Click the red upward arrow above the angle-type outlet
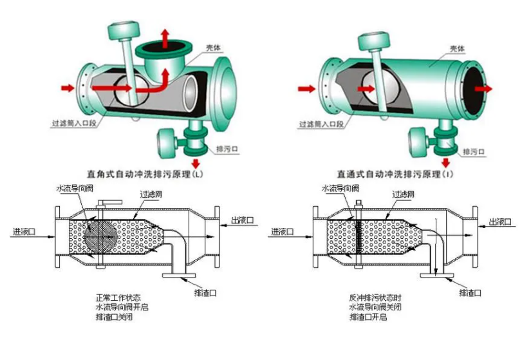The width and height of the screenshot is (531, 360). [x=165, y=37]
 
